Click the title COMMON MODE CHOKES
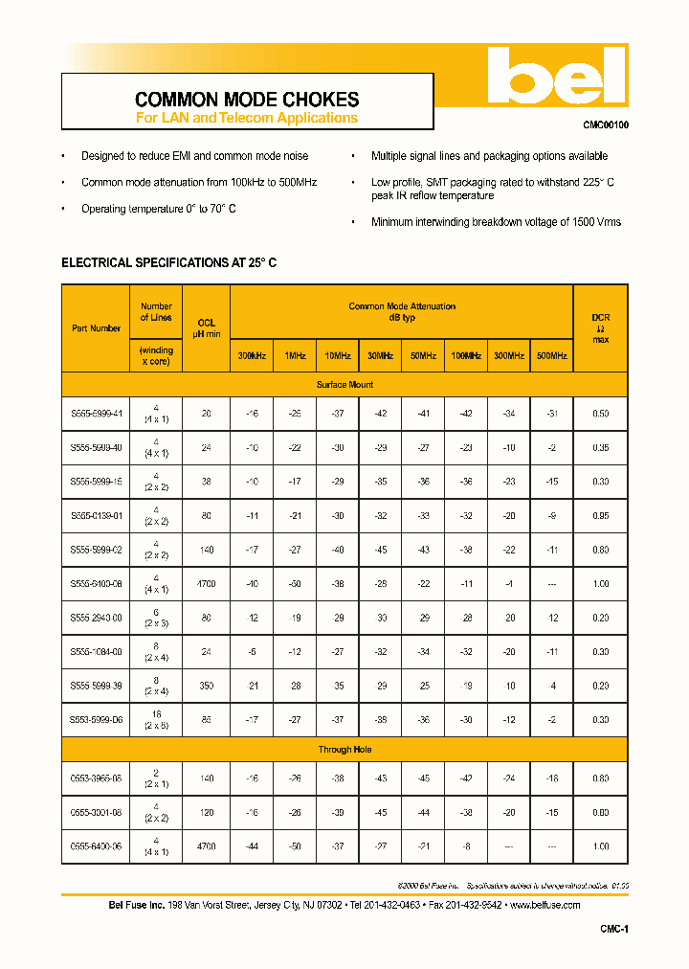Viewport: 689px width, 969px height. [247, 100]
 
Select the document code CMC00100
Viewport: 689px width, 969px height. [606, 125]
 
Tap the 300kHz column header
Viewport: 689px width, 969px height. [252, 355]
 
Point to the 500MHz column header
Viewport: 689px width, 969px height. [551, 355]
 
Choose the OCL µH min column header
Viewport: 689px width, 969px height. [206, 328]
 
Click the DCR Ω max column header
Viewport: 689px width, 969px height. [600, 327]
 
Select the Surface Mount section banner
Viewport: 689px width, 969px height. [344, 385]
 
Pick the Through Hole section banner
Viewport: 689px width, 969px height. [344, 750]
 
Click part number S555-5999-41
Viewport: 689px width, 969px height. [97, 414]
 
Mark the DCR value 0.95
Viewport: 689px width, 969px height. [600, 515]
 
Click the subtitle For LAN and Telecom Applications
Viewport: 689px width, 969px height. [247, 118]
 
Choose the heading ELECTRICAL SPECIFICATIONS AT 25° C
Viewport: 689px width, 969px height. [169, 262]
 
